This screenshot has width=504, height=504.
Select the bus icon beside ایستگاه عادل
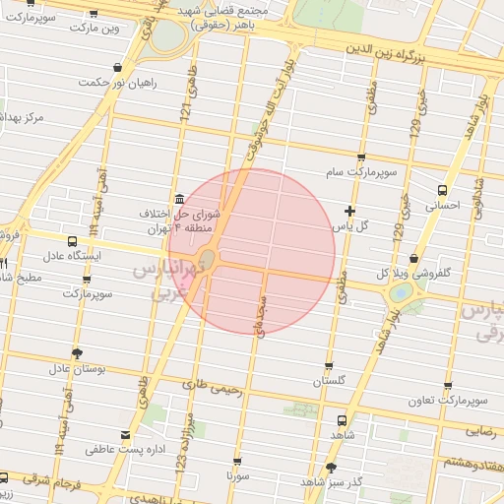[x=72, y=241]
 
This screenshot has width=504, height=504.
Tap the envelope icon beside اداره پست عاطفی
[x=124, y=434]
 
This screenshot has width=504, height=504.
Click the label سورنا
[x=238, y=475]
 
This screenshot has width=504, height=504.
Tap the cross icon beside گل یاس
[x=349, y=211]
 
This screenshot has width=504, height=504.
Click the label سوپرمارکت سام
[x=363, y=172]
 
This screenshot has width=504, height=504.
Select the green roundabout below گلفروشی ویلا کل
[x=401, y=293]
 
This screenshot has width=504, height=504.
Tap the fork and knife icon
[x=4, y=265]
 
